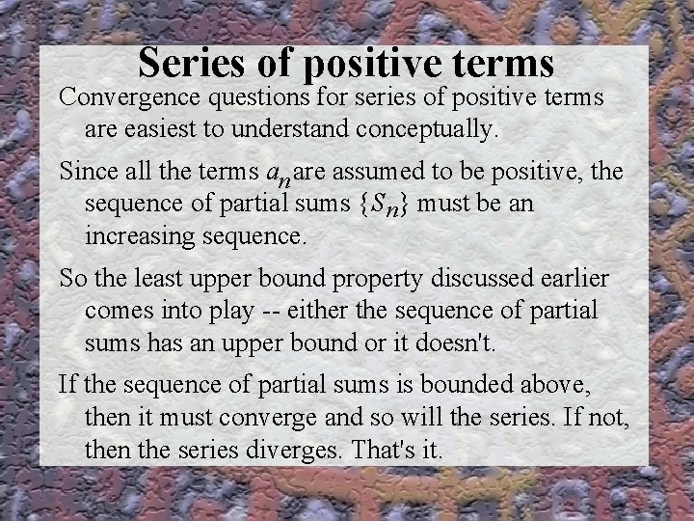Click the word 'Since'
83,173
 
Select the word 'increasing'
142,234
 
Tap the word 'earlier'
574,280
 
